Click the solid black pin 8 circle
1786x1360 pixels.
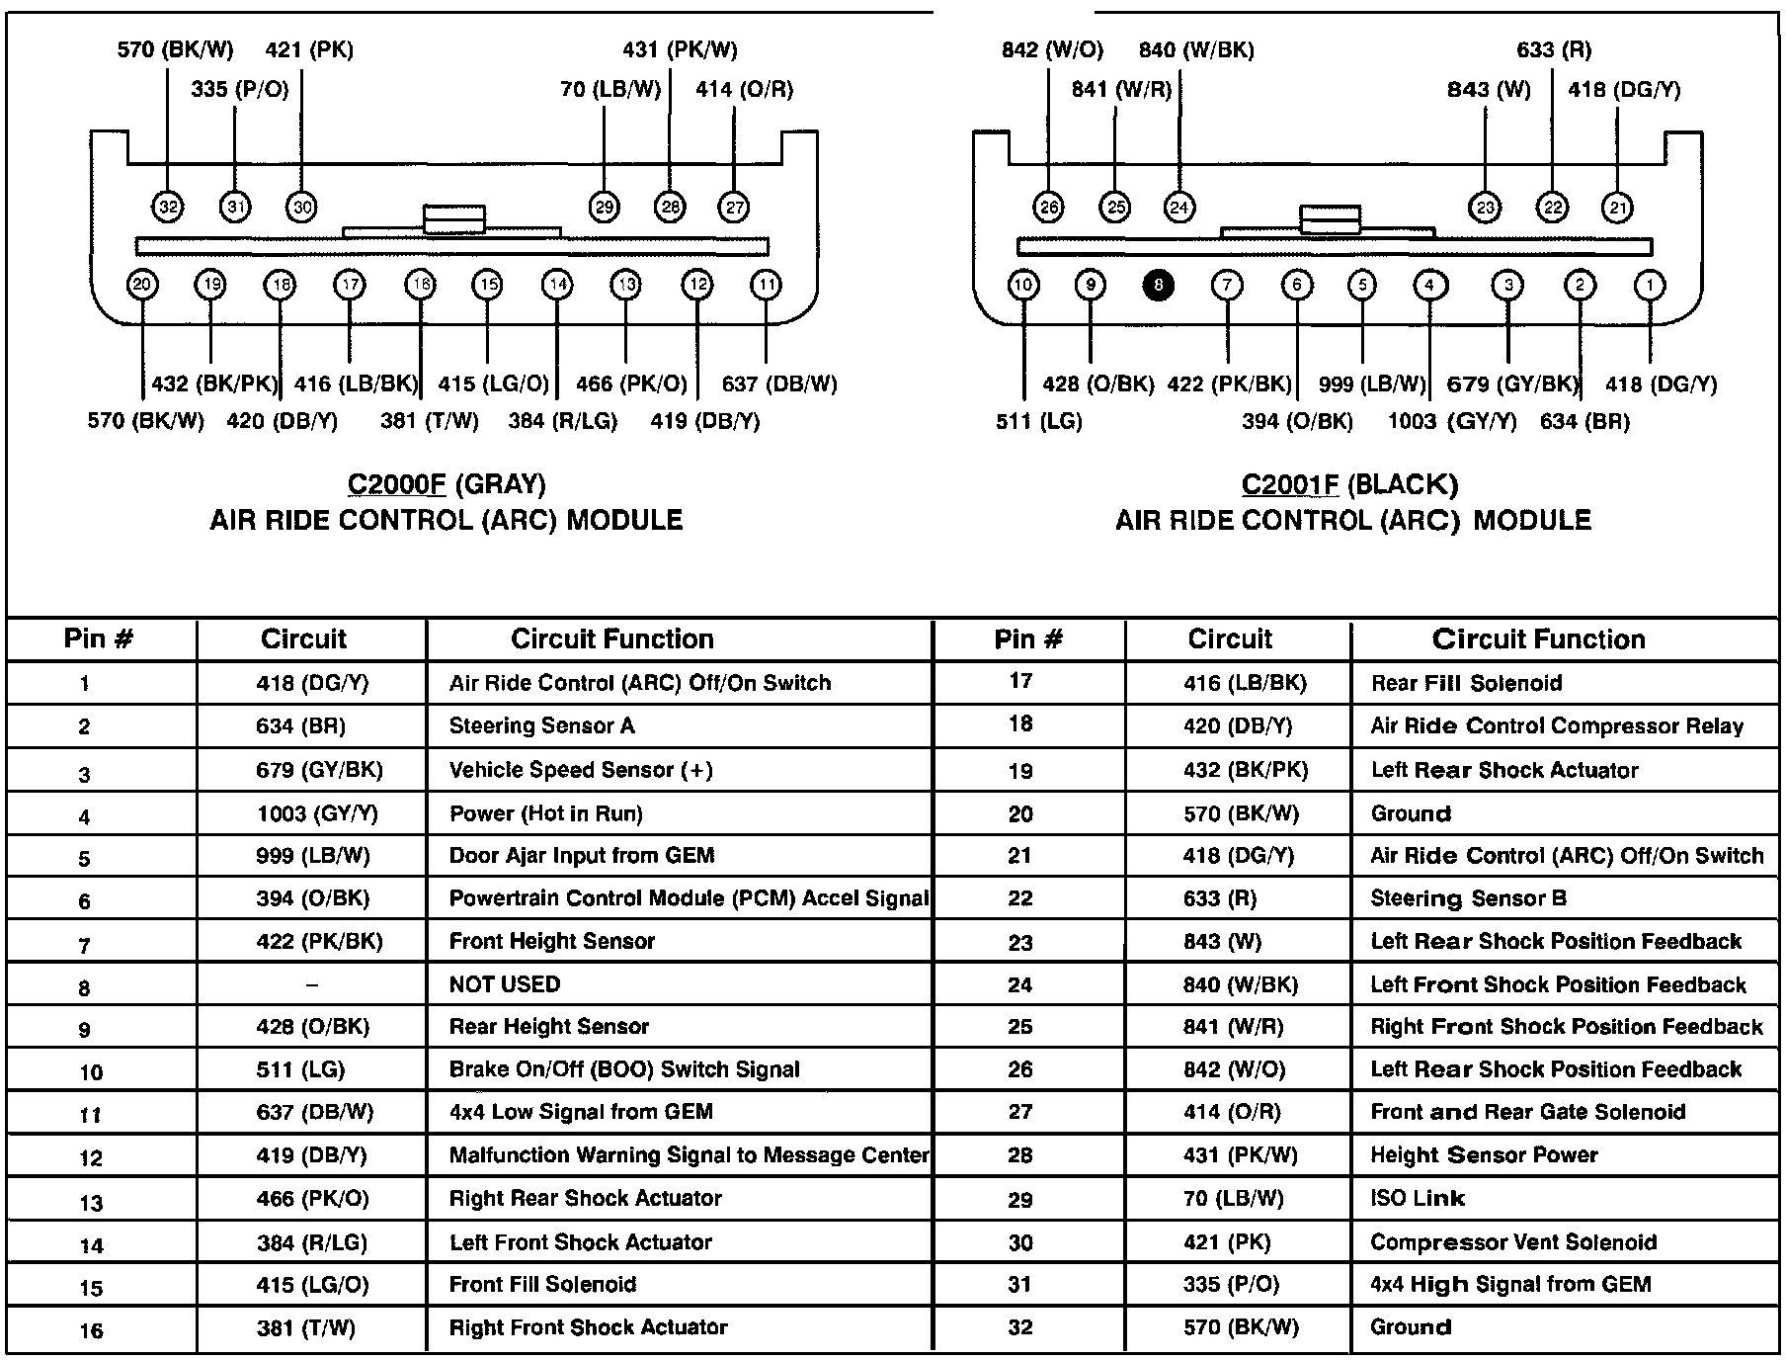tap(1158, 286)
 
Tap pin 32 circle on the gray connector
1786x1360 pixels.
tap(168, 207)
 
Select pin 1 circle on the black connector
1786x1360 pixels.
tap(1649, 286)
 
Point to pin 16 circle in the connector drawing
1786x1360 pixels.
tap(420, 286)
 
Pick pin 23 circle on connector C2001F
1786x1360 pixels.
tap(1486, 207)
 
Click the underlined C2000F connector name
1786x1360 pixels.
tap(396, 484)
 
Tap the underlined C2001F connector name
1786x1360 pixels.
tap(1290, 484)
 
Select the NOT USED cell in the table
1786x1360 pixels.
tap(504, 984)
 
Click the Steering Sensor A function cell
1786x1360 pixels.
tap(541, 726)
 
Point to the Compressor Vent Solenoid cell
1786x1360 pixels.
tap(1512, 1242)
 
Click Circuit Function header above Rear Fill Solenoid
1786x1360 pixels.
tap(1538, 639)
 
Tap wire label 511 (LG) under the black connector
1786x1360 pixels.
tap(1038, 422)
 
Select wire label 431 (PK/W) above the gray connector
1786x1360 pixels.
tap(680, 49)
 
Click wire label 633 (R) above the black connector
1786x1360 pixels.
tap(1554, 49)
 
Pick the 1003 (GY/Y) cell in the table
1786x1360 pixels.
tap(316, 813)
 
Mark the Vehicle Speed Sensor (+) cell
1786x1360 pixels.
tap(581, 770)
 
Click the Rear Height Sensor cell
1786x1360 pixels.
tap(548, 1026)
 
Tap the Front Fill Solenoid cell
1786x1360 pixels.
tap(542, 1285)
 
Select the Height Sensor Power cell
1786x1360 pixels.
tap(1484, 1155)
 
